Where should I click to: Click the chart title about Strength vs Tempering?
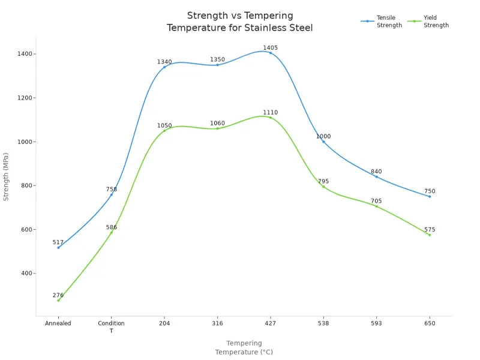click(239, 22)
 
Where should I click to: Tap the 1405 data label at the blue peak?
click(270, 47)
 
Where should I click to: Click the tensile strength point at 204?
click(164, 67)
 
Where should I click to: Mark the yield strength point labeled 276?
click(58, 300)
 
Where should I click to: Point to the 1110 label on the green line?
click(270, 112)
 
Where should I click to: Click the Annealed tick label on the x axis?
click(58, 323)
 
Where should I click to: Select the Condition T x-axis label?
click(111, 327)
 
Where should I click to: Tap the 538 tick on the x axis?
click(323, 323)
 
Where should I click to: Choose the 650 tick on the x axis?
click(429, 323)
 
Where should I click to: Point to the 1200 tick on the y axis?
click(25, 98)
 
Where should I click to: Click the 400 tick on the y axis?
click(28, 273)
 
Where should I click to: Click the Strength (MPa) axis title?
click(7, 175)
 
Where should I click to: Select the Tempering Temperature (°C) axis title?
click(244, 348)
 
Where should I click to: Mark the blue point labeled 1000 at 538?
click(323, 142)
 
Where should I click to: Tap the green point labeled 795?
click(323, 187)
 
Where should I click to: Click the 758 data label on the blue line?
click(111, 189)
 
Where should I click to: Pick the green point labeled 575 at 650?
click(429, 235)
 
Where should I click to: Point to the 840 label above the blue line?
click(376, 172)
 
